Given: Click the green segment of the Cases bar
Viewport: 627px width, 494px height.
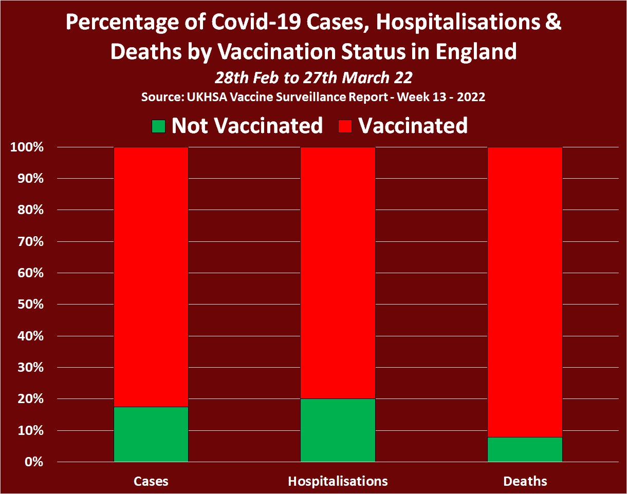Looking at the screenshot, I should point(151,434).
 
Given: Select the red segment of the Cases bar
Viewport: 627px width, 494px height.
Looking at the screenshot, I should point(151,277).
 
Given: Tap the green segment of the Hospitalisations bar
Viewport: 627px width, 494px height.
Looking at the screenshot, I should point(338,430).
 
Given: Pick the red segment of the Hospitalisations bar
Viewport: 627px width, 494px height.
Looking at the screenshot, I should point(338,273).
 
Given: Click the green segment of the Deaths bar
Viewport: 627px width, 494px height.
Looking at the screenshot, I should point(525,449).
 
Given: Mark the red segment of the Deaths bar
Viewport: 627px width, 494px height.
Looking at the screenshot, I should point(525,292).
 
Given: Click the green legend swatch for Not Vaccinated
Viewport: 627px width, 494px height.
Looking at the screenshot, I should point(159,126).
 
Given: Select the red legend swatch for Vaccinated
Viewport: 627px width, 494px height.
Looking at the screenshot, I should point(345,126).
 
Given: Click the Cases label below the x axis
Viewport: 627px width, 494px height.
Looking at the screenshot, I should point(151,481).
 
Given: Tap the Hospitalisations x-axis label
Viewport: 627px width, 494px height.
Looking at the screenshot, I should point(338,481).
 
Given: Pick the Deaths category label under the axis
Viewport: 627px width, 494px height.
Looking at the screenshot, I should point(525,481).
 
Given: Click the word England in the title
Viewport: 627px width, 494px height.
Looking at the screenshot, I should point(468,51).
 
